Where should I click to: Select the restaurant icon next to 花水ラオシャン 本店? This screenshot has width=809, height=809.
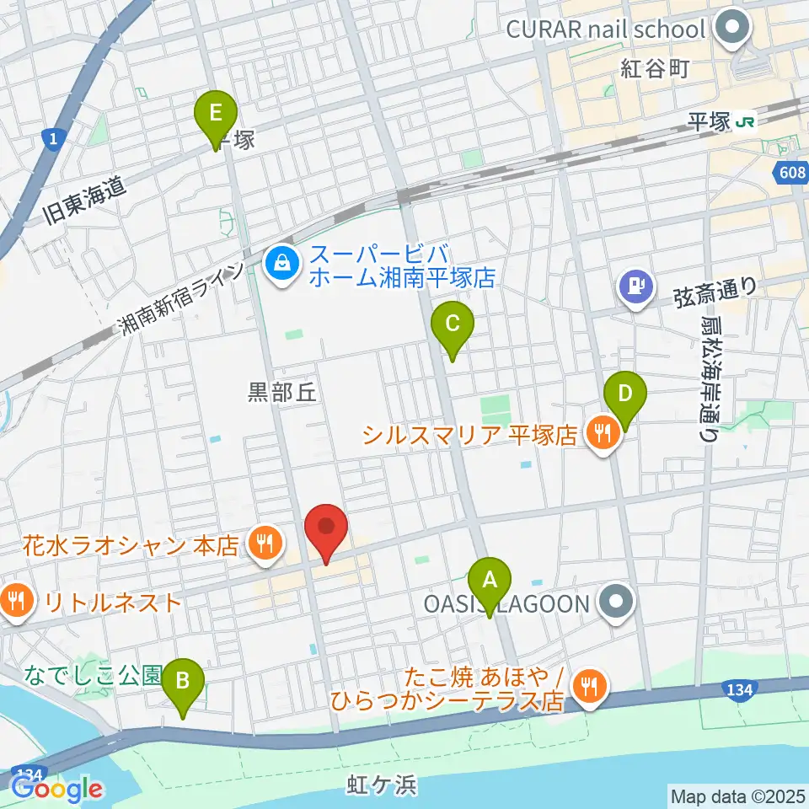[265, 544]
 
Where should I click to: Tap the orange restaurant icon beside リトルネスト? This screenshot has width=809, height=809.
[16, 602]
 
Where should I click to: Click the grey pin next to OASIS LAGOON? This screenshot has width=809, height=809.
[618, 603]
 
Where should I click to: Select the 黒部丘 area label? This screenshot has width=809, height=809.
[281, 391]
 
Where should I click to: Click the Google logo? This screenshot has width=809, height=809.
[56, 788]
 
